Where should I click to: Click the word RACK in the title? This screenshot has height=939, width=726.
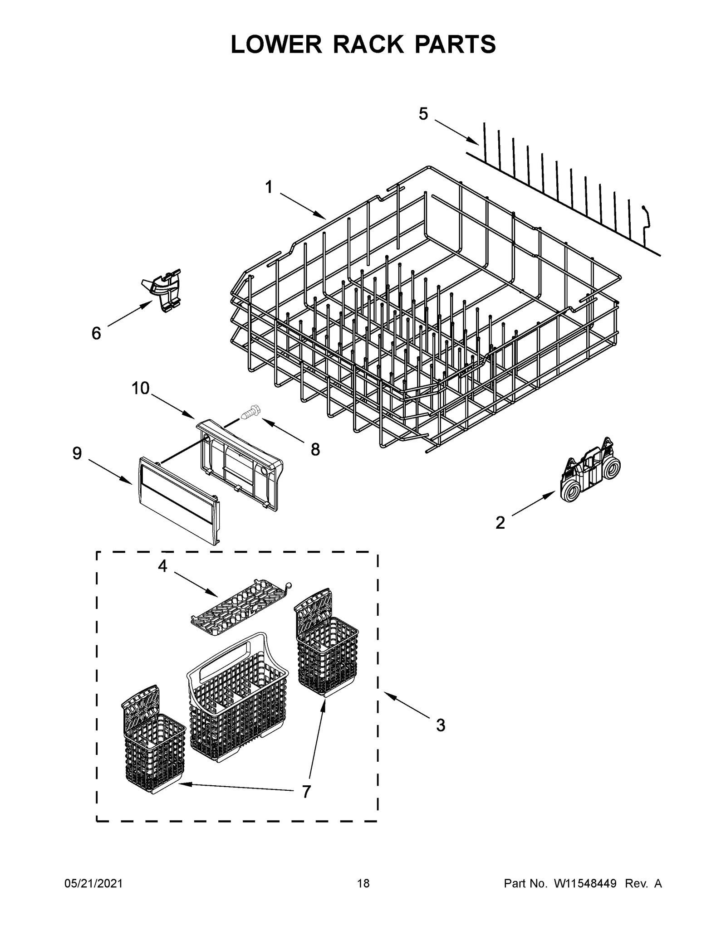pos(363,44)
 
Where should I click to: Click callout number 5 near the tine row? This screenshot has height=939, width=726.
pos(423,114)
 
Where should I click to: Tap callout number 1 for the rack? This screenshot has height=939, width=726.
pos(269,187)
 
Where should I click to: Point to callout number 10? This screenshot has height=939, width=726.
pos(140,388)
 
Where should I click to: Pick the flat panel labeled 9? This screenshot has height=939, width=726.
pos(178,498)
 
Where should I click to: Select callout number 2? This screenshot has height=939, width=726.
pos(500,523)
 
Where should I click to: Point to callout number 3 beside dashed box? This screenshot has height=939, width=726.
pos(440,725)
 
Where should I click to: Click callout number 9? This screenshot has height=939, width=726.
pos(77,453)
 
